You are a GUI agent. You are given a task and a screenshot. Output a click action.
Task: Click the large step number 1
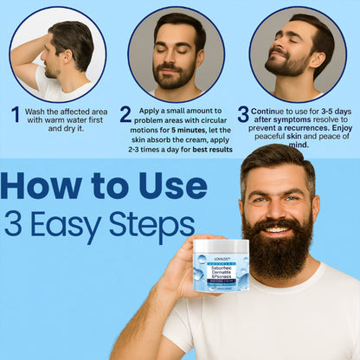pyautogui.click(x=15, y=115)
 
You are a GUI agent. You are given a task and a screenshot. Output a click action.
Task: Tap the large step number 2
pyautogui.click(x=125, y=115)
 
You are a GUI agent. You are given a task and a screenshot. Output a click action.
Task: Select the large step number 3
pyautogui.click(x=243, y=114)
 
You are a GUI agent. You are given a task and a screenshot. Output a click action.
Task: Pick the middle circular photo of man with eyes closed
pyautogui.click(x=180, y=55)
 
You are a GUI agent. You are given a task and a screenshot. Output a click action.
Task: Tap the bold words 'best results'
pyautogui.click(x=211, y=150)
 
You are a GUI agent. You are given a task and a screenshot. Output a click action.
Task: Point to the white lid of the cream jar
pyautogui.click(x=221, y=245)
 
